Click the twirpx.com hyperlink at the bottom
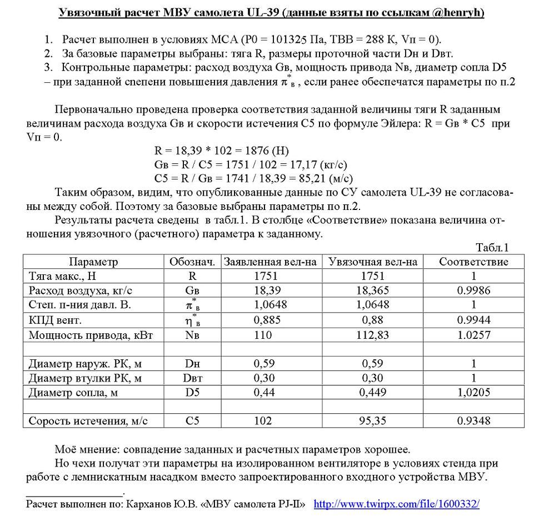click(396, 504)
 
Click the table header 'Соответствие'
click(473, 262)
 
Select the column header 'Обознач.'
click(192, 262)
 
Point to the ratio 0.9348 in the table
click(473, 420)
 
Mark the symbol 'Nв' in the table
click(192, 335)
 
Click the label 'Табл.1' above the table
click(492, 248)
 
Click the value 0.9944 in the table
click(473, 319)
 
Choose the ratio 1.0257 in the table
click(473, 335)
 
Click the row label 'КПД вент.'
click(55, 319)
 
